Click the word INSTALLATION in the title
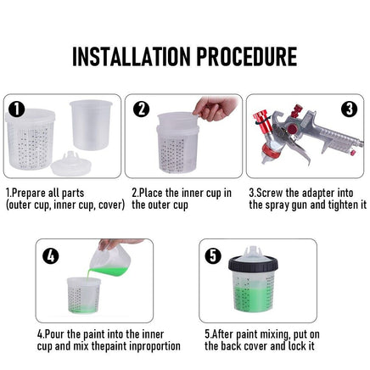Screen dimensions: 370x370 tap(132, 57)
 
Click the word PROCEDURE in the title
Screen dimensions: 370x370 tap(247, 57)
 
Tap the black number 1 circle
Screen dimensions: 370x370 tap(17, 109)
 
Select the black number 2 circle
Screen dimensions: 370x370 tap(141, 109)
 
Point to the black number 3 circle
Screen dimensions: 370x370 tap(350, 109)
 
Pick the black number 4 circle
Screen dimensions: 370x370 tap(51, 255)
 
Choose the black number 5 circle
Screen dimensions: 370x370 tap(213, 255)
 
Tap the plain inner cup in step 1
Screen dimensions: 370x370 tap(91, 125)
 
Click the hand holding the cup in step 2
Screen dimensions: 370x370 tap(216, 109)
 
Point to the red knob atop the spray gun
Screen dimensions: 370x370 tap(297, 110)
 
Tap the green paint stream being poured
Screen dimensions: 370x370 tap(89, 274)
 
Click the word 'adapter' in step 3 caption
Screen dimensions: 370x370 tap(318, 193)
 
